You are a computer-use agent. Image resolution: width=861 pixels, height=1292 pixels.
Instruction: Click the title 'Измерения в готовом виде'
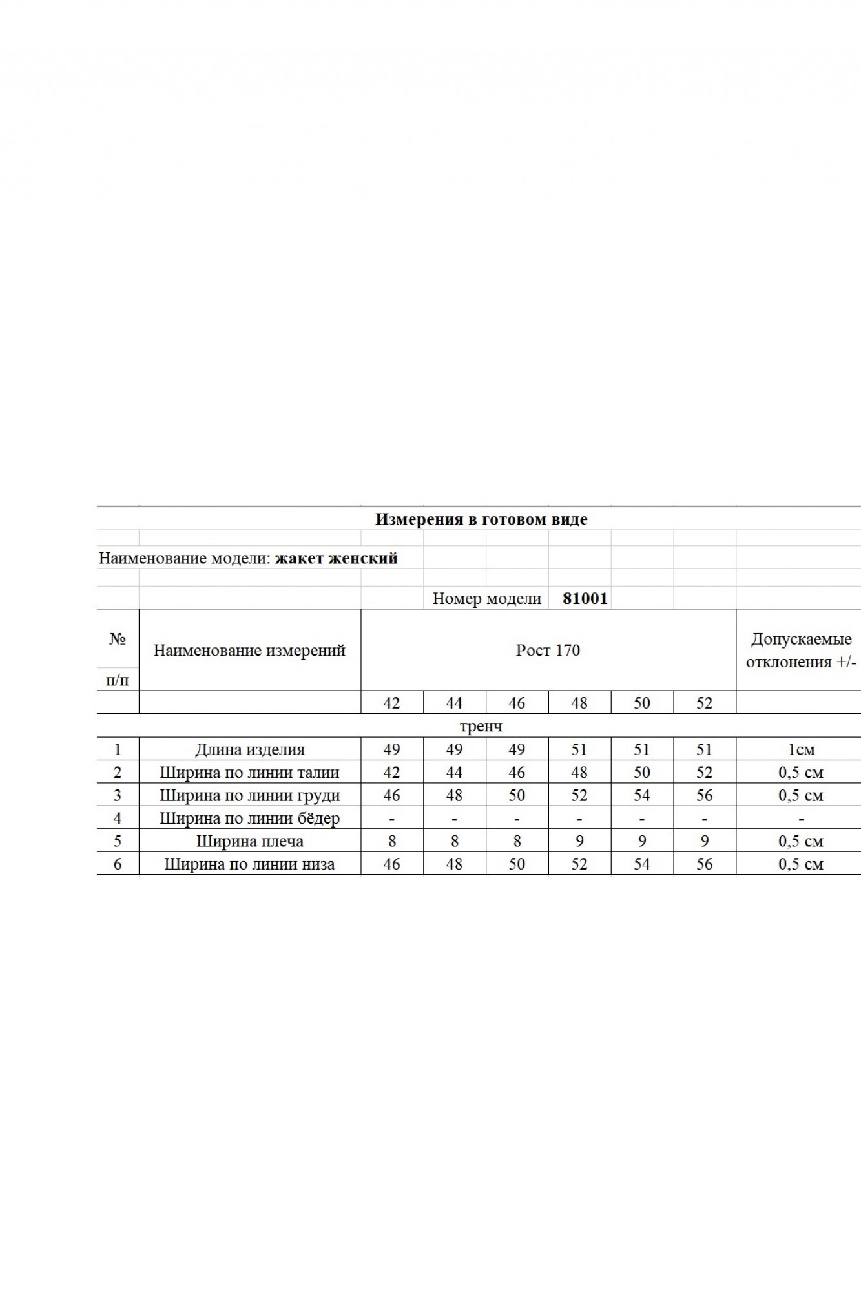point(481,519)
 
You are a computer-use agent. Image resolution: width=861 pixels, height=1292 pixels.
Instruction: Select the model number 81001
point(585,598)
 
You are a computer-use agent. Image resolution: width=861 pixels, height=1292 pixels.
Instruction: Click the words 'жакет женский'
point(336,558)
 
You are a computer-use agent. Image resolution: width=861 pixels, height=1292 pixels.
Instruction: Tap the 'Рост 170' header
point(548,650)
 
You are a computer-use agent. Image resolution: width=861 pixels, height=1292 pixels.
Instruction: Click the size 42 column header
point(391,703)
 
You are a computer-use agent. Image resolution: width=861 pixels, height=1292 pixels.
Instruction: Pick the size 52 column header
point(704,703)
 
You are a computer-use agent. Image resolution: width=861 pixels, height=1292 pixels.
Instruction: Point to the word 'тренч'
point(481,726)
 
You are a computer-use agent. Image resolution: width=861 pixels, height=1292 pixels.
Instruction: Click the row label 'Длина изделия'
point(249,750)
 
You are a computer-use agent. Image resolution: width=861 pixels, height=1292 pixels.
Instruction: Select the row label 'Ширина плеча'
point(249,841)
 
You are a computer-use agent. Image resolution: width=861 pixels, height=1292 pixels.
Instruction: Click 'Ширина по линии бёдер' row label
point(249,818)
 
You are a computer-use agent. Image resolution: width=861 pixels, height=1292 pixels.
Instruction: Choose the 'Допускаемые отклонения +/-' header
point(801,650)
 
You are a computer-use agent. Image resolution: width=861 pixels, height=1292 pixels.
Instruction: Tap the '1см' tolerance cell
point(801,750)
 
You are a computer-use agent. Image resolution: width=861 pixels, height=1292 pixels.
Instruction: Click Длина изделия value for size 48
point(579,750)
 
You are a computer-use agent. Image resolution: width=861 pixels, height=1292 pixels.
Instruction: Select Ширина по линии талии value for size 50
point(641,773)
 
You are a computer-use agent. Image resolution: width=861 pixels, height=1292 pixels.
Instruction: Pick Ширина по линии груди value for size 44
point(454,795)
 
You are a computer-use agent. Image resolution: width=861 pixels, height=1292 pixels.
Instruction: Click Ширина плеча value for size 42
point(391,841)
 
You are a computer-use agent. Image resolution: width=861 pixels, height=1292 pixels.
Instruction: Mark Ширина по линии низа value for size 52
point(704,864)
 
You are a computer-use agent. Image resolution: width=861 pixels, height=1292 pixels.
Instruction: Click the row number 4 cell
point(118,818)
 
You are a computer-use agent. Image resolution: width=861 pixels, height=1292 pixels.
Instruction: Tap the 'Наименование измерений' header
point(249,650)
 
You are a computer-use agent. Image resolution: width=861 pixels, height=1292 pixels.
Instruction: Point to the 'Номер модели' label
point(486,598)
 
